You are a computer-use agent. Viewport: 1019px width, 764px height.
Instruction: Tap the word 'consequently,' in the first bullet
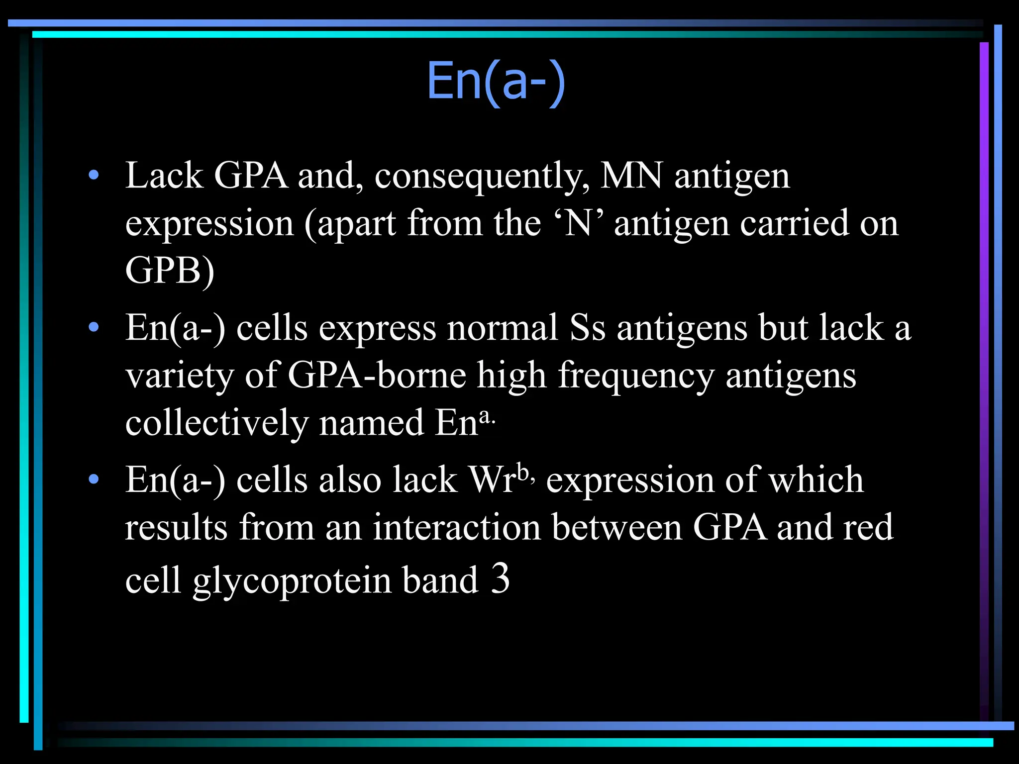(482, 176)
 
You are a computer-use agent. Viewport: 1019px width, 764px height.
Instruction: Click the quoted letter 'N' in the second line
(579, 223)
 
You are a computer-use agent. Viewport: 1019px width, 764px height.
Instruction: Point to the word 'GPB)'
(170, 271)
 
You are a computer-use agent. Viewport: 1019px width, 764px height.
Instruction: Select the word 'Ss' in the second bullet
(587, 328)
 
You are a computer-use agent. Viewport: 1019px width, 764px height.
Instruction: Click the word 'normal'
(502, 328)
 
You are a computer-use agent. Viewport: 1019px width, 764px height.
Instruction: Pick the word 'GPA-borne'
(377, 376)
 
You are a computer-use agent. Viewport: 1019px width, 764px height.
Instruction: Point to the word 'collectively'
(217, 423)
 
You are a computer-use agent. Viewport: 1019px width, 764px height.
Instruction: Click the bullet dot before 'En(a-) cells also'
(94, 479)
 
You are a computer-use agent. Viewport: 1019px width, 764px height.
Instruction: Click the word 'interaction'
(457, 528)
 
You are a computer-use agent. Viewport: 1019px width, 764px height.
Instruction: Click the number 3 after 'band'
(500, 578)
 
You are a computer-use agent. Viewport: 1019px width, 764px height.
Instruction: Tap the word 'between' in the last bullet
(616, 528)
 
